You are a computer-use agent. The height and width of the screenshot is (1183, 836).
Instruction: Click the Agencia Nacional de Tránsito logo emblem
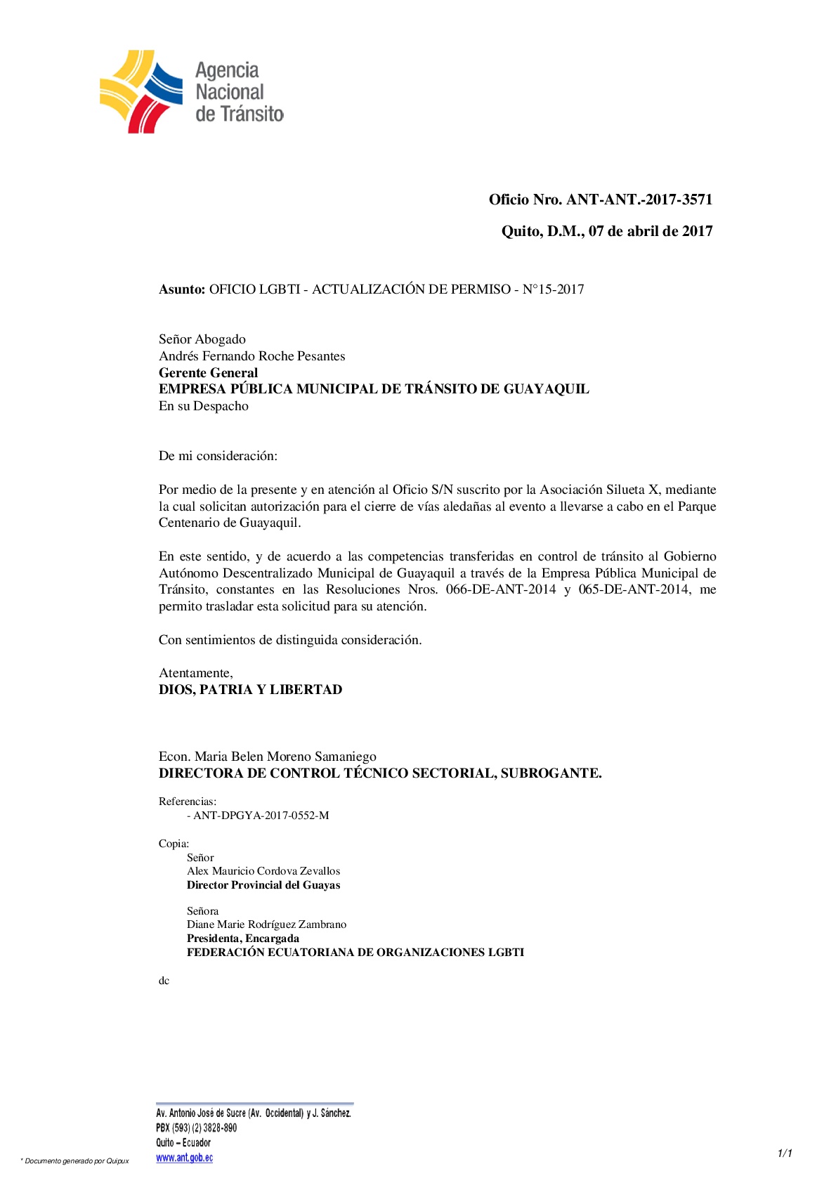coord(141,91)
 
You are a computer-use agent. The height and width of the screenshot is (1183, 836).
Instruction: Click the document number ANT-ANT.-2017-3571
coord(639,200)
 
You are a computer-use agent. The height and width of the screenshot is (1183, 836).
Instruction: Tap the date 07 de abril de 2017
coord(651,231)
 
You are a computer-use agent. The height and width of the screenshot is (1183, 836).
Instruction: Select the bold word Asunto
coord(182,289)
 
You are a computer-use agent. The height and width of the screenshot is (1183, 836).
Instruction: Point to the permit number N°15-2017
coord(553,289)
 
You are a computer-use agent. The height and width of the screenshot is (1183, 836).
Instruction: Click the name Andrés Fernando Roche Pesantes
coord(252,356)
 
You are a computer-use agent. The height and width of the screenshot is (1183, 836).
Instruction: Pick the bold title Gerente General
coord(208,373)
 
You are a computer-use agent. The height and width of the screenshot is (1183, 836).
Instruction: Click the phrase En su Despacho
coord(203,406)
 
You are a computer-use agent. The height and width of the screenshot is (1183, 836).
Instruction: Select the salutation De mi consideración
coord(218,456)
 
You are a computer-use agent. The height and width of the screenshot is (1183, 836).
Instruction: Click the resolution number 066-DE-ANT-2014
coord(501,589)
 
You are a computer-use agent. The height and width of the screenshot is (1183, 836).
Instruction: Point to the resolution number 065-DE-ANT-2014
coord(634,589)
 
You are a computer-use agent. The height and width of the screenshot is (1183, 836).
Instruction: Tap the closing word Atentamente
coord(195,673)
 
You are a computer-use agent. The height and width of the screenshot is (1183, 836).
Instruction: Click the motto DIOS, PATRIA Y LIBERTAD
coord(250,690)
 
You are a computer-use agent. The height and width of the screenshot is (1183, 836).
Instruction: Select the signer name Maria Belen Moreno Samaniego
coord(285,757)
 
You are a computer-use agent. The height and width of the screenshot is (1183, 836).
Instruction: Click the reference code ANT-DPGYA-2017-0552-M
coord(261,816)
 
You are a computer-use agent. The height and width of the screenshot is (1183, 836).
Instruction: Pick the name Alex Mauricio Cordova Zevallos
coord(263,871)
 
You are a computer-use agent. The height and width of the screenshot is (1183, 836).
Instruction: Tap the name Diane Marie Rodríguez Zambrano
coord(266,924)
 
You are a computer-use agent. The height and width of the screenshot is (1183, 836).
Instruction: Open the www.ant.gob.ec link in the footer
coord(184,1158)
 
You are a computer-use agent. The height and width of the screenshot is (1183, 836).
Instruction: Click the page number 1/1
coord(785,1153)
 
